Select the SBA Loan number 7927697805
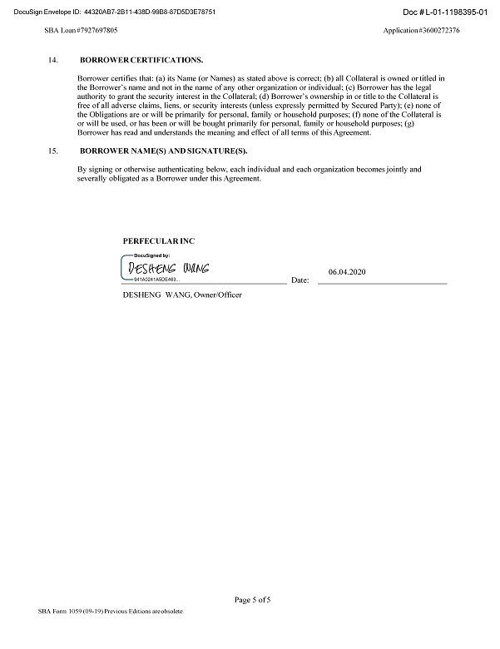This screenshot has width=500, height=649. click(x=81, y=30)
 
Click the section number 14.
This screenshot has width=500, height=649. click(x=55, y=61)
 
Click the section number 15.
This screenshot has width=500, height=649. click(x=55, y=151)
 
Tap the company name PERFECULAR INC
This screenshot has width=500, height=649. click(x=159, y=240)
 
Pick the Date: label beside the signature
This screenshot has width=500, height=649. click(x=300, y=281)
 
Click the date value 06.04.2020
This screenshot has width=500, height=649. click(x=347, y=272)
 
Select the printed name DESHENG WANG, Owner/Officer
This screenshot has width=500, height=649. click(x=181, y=295)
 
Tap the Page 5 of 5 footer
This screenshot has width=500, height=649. click(x=253, y=599)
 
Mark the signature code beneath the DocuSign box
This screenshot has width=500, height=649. click(x=155, y=280)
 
